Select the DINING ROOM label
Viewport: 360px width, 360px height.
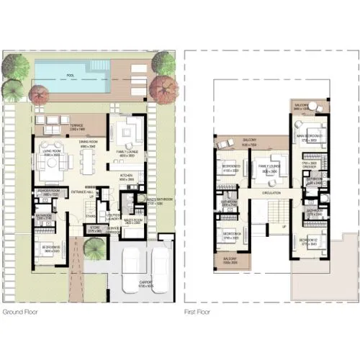[89, 143]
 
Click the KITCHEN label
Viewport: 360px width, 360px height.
[127, 174]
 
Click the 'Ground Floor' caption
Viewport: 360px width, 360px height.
[19, 312]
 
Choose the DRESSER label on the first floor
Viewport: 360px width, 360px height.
[309, 166]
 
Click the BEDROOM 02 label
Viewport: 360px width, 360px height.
[307, 240]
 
